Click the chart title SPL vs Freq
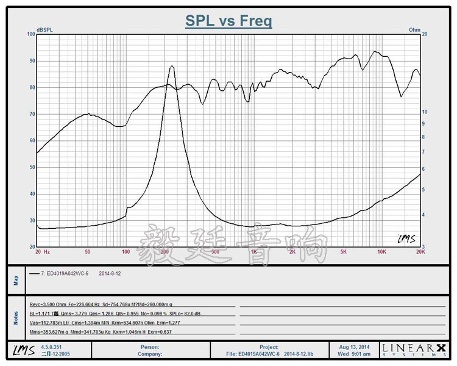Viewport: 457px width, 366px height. [228, 21]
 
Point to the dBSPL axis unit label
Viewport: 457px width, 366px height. [44, 29]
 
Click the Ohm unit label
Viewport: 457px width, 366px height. [414, 29]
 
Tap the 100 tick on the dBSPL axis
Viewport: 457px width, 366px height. [30, 34]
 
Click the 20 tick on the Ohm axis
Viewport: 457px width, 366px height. [425, 34]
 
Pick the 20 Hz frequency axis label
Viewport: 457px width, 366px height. [41, 251]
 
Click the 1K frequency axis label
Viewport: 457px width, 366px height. [253, 251]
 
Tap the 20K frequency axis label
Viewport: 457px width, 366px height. [419, 251]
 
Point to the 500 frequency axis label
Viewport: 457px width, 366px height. [214, 251]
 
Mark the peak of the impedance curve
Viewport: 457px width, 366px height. [172, 66]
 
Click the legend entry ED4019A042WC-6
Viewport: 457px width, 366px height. [68, 274]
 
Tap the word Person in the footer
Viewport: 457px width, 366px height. [149, 346]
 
